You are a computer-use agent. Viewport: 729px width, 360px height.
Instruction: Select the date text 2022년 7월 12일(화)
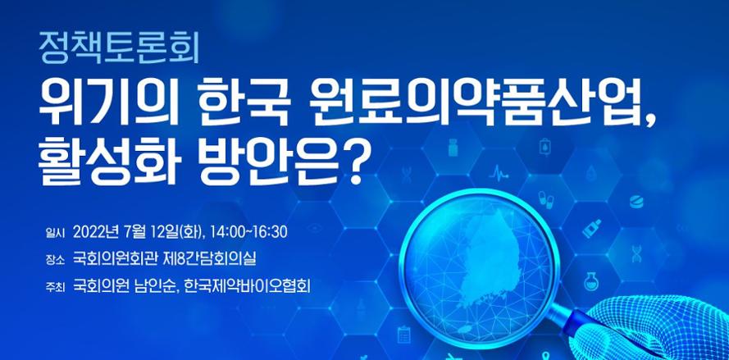coord(139,232)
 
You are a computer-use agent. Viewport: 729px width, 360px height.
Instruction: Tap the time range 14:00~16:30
coord(248,232)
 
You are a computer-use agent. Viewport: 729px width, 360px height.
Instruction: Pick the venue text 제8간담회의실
coord(210,259)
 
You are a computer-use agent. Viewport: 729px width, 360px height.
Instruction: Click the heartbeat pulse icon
coord(499,174)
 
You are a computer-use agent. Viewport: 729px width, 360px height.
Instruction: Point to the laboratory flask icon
coord(592,281)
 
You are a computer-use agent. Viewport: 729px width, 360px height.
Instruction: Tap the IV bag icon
coord(544,148)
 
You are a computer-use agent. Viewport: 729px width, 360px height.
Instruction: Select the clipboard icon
coord(403,335)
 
